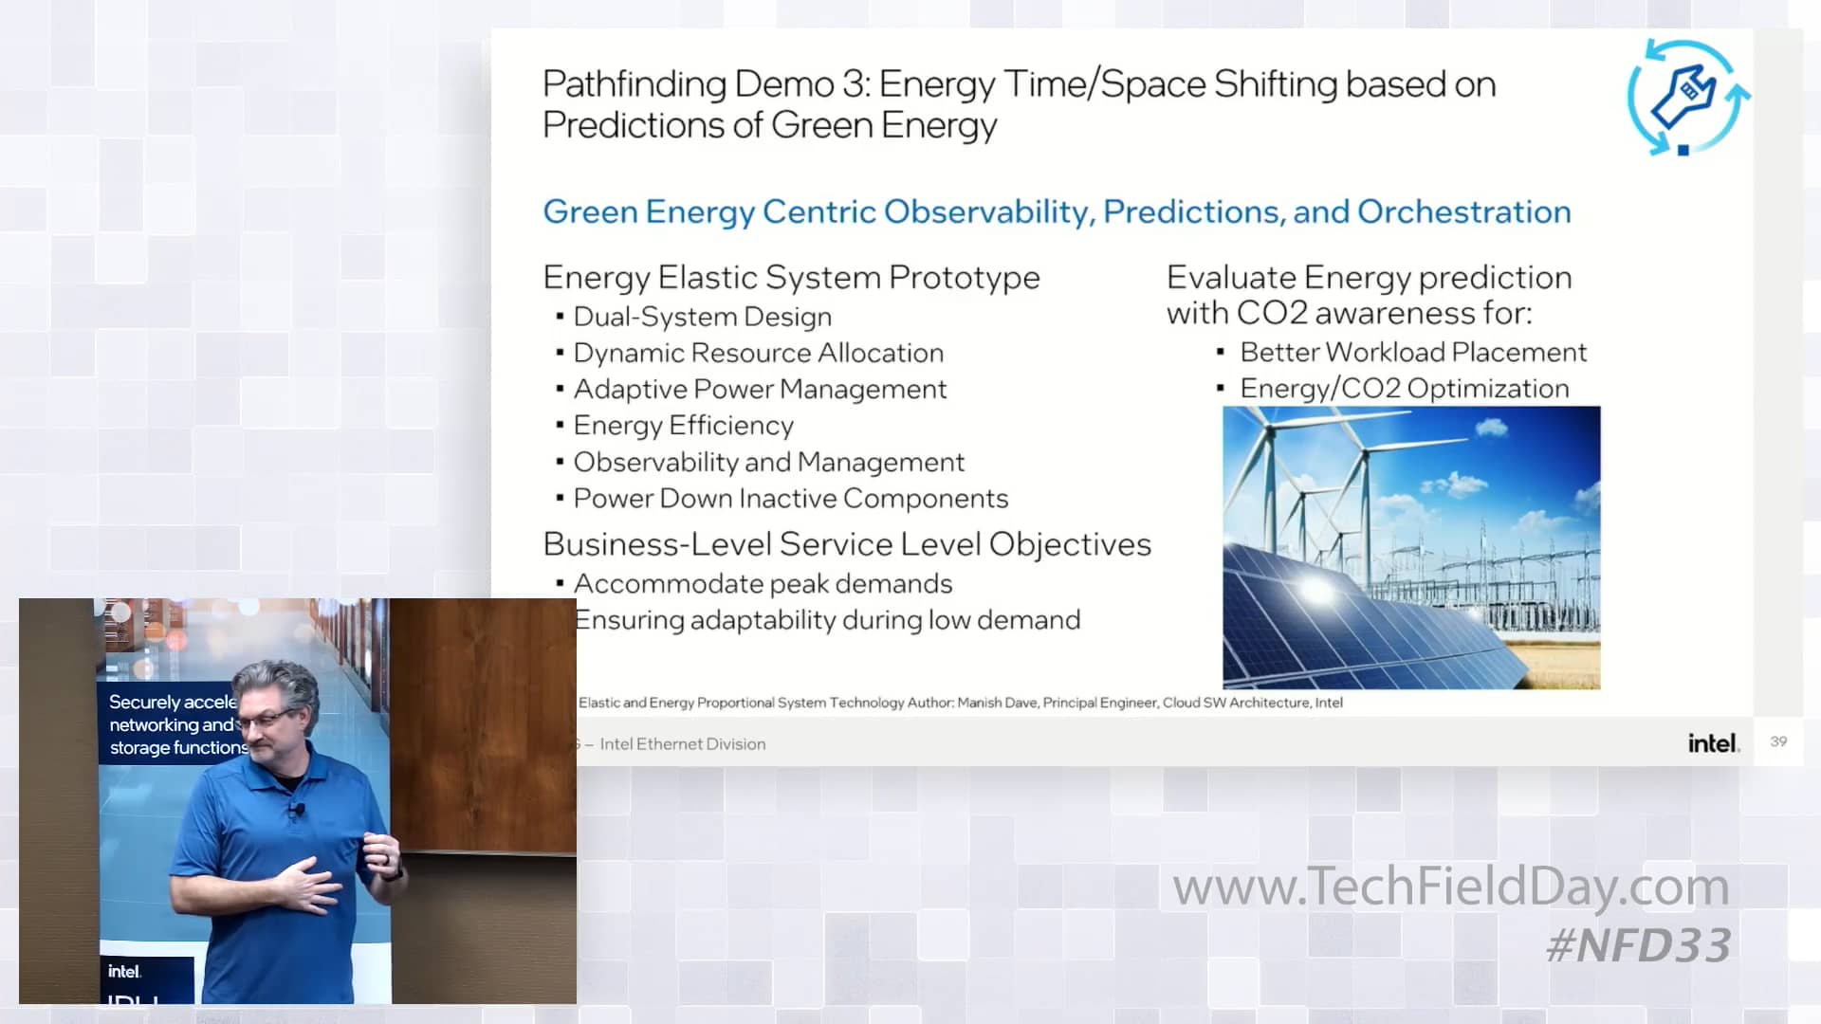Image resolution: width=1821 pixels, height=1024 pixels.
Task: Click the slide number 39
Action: coord(1778,741)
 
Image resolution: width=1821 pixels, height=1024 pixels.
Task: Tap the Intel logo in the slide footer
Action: coord(1713,743)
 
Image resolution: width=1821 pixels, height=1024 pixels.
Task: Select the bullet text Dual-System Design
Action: coord(702,317)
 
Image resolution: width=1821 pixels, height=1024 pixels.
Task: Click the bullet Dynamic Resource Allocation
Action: coord(758,353)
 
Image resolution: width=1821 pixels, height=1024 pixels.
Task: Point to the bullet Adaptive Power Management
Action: coord(760,389)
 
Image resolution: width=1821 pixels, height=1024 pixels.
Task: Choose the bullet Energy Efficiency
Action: coord(683,426)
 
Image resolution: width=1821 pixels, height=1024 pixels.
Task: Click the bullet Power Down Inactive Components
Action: coord(790,499)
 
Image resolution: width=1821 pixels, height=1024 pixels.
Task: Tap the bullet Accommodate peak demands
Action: coord(763,584)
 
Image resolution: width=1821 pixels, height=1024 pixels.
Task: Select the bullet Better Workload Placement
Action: coord(1412,353)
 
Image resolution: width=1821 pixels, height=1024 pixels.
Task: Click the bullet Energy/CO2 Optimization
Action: coord(1404,389)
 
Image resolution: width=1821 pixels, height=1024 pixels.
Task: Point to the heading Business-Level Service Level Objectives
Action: coord(846,544)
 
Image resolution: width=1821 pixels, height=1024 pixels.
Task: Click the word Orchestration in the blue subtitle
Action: coord(1463,211)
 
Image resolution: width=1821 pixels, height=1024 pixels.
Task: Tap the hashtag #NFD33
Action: coord(1638,945)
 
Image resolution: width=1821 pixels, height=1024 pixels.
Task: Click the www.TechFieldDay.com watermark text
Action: coord(1450,887)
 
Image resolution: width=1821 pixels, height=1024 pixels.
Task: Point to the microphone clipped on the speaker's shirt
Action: coord(298,811)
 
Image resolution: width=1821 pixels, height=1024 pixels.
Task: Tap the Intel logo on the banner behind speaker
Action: coord(124,972)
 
